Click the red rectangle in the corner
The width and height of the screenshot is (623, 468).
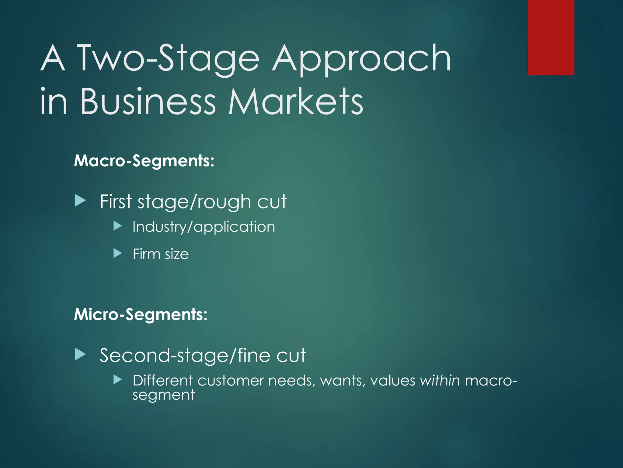pyautogui.click(x=551, y=37)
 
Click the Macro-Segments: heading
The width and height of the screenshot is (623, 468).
pyautogui.click(x=144, y=161)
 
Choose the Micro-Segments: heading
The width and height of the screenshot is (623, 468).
pyautogui.click(x=141, y=314)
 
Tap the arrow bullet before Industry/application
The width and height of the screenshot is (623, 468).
pyautogui.click(x=117, y=226)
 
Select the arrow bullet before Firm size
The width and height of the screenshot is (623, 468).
pyautogui.click(x=117, y=253)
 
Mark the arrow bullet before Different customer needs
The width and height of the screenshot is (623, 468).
pyautogui.click(x=117, y=379)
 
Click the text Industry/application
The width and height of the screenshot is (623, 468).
pyautogui.click(x=204, y=227)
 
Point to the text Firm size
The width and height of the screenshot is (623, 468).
pyautogui.click(x=161, y=254)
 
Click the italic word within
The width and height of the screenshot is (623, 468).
pyautogui.click(x=440, y=380)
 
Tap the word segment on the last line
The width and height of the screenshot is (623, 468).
pyautogui.click(x=163, y=395)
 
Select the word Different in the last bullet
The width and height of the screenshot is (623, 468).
pyautogui.click(x=163, y=380)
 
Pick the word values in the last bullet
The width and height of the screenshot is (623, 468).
pyautogui.click(x=392, y=380)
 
